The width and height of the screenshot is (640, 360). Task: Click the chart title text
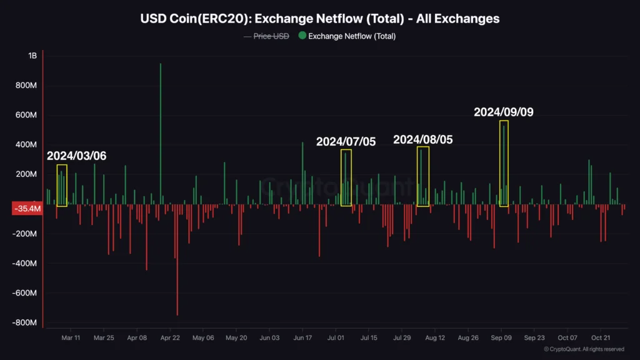click(320, 19)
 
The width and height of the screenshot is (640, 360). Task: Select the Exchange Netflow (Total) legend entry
click(351, 36)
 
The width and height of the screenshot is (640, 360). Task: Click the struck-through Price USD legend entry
click(271, 36)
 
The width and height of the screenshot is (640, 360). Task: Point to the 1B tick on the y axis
click(32, 56)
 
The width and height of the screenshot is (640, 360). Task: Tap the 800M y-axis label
click(27, 86)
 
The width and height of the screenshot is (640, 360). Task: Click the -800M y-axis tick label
click(26, 322)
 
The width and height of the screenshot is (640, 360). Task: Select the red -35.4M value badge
click(26, 209)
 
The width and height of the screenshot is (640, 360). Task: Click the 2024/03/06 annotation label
click(77, 156)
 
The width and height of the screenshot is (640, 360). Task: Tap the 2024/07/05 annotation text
click(346, 141)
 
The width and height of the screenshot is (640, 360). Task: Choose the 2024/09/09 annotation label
click(504, 112)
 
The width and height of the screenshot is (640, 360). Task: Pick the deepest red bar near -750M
click(177, 262)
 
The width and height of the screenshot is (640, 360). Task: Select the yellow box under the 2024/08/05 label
click(423, 176)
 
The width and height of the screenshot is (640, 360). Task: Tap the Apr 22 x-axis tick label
click(170, 338)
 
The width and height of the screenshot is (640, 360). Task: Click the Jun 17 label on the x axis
click(302, 338)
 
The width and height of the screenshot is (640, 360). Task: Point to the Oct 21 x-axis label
click(601, 338)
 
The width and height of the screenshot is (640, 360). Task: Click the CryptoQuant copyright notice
click(584, 349)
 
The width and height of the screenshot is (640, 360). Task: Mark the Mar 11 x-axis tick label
click(71, 338)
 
